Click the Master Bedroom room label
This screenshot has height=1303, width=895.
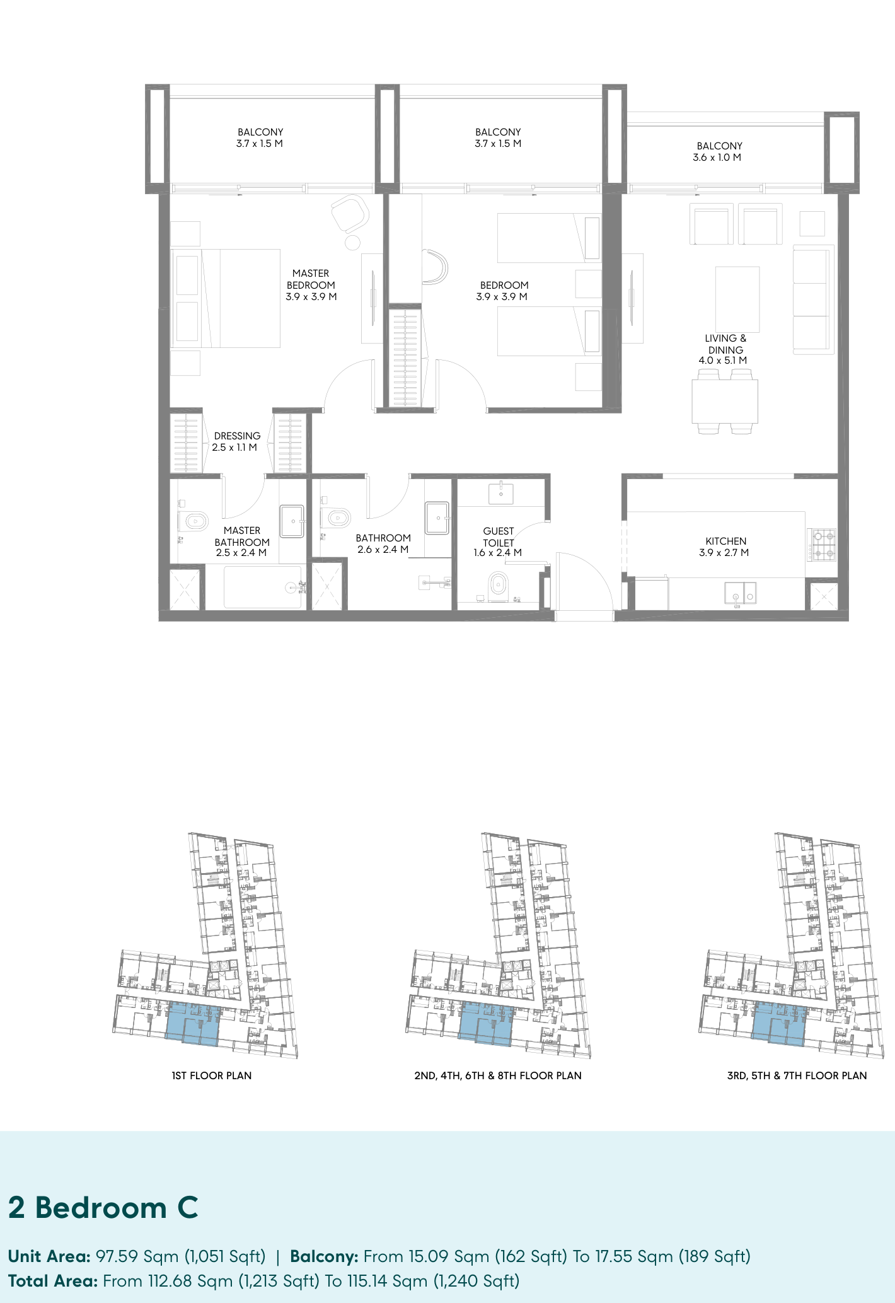coord(311,279)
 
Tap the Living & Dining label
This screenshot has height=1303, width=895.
coord(725,344)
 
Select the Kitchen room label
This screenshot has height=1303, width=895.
coord(726,541)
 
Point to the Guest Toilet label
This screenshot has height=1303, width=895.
coord(499,537)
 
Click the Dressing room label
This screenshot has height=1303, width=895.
coord(237,436)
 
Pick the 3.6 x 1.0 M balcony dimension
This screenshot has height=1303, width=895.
coord(717,158)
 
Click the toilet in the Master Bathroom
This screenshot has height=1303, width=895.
coord(193,521)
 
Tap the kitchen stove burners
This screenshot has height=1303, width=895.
coord(823,545)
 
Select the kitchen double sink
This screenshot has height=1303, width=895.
coord(741,593)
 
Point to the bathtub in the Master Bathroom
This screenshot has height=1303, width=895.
coord(263,587)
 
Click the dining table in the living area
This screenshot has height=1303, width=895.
coord(725,401)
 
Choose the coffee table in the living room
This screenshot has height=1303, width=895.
coord(737,299)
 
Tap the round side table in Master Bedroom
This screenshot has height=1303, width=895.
coord(352,242)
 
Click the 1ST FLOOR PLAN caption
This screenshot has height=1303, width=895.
coord(212,1075)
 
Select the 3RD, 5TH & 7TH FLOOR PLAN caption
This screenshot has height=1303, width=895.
coord(797,1075)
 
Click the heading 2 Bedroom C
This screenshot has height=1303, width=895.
coord(103,1208)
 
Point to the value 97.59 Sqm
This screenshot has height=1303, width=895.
coord(137,1256)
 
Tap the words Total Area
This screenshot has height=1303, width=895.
coord(52,1281)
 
